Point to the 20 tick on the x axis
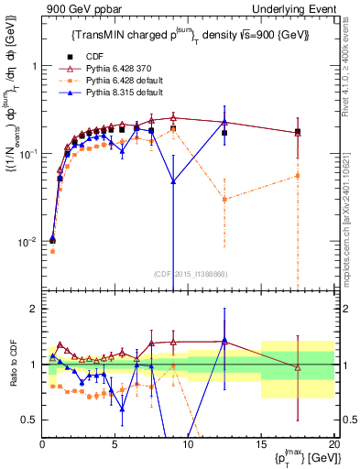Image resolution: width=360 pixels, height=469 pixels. [x=333, y=445]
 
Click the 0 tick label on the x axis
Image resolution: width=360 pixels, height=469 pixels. [x=42, y=445]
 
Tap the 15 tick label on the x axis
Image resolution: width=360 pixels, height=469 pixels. [x=261, y=445]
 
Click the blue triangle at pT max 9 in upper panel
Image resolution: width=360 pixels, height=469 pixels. [x=173, y=181]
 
